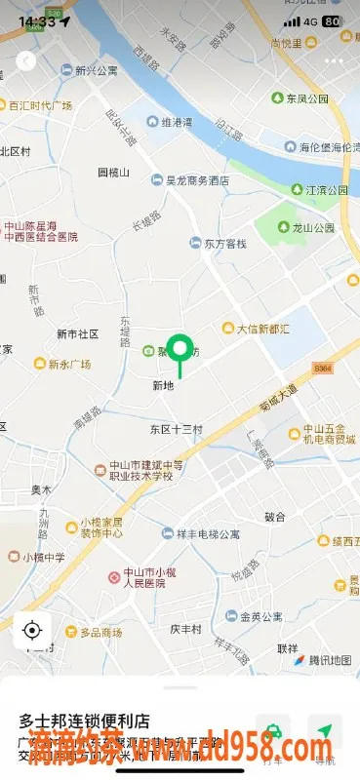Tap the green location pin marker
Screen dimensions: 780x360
180,350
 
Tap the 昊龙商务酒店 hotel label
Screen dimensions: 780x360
196,180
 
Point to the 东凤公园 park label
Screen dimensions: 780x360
310,98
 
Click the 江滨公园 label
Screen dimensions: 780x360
326,190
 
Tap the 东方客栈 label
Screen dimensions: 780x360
224,243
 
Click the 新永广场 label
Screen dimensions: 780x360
68,365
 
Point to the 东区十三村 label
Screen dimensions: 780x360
176,429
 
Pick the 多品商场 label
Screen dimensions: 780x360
100,633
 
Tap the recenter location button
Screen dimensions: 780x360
32,630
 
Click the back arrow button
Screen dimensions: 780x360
25,60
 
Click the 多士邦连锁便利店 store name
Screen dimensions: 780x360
84,721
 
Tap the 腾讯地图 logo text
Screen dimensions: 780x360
327,660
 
